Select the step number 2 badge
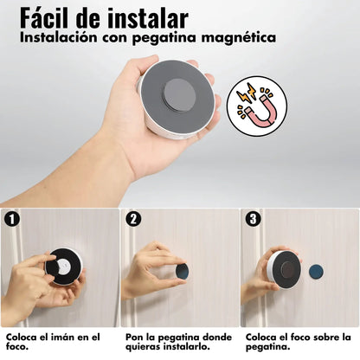coord(132,219)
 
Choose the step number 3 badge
coord(252,219)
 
